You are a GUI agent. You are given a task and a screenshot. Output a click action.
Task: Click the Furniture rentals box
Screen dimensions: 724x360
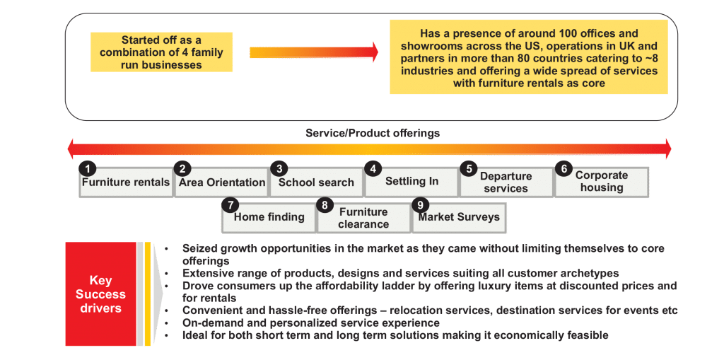pos(126,182)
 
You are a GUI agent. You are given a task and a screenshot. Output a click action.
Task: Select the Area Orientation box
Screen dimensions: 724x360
pos(222,182)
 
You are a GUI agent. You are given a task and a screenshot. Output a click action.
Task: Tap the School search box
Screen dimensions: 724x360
pos(317,182)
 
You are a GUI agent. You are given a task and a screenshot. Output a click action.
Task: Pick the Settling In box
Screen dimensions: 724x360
pos(412,182)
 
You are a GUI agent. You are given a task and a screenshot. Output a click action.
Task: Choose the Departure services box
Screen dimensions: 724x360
pos(506,182)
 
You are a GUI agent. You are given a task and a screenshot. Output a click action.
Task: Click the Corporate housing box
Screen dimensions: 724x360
pos(602,182)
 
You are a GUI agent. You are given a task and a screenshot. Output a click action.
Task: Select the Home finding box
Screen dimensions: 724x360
pos(269,217)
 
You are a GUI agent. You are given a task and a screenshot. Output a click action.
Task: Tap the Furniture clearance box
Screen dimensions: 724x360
pos(364,217)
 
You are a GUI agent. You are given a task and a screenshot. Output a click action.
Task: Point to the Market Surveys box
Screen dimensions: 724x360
pos(459,217)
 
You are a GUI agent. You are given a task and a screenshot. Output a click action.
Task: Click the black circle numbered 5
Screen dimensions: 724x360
pos(469,168)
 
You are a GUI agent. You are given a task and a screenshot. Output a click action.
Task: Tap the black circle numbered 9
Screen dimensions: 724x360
pos(420,204)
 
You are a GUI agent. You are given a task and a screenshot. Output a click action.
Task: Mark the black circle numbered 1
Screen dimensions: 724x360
pos(87,168)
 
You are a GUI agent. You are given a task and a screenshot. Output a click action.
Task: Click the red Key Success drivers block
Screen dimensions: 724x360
pos(100,294)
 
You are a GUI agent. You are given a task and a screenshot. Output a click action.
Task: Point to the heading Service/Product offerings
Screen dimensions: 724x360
pos(373,134)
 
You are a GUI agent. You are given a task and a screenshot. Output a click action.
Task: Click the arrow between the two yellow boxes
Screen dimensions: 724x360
pos(314,52)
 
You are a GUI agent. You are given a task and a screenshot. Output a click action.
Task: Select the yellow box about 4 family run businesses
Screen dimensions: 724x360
pos(162,52)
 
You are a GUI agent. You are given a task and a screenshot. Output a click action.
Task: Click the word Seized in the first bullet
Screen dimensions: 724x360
pos(199,249)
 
